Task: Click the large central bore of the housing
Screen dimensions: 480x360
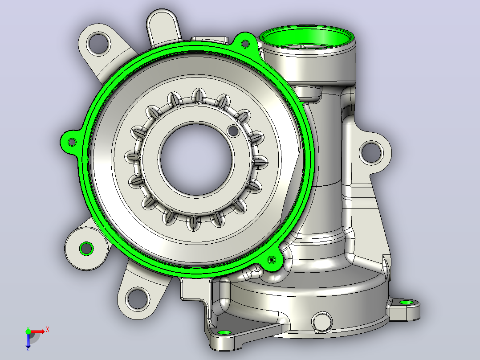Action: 196,160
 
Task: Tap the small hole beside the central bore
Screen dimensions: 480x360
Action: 234,131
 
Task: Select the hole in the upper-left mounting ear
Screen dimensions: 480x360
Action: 98,44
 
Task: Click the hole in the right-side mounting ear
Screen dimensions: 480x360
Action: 371,152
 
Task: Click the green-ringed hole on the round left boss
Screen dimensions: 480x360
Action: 86,248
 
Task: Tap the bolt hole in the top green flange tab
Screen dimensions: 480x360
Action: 245,44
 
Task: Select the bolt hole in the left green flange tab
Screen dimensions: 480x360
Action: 72,142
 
